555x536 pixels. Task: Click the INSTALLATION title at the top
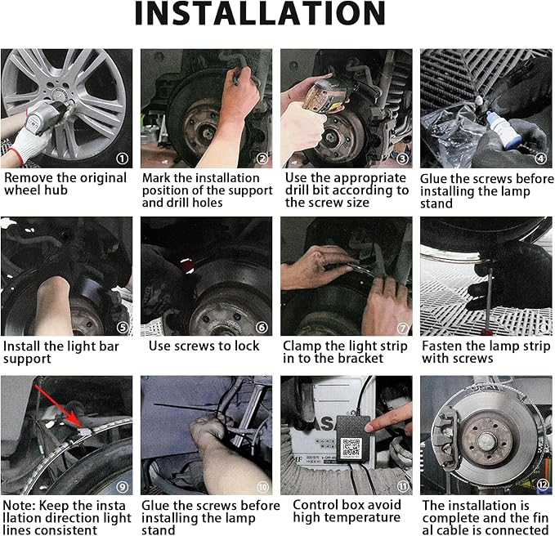tap(260, 13)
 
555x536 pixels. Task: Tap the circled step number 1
tap(122, 159)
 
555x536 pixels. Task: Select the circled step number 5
tap(123, 328)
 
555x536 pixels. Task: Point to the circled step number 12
tap(543, 485)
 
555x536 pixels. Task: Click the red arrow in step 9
tap(60, 406)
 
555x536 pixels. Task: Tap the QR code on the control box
tap(351, 447)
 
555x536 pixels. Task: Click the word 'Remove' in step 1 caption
tap(29, 178)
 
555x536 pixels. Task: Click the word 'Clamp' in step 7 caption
tap(301, 346)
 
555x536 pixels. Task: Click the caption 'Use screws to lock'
tap(204, 346)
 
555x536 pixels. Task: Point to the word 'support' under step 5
tap(27, 359)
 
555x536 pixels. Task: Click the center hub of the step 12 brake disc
tap(486, 440)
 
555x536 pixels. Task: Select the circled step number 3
tap(402, 159)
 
